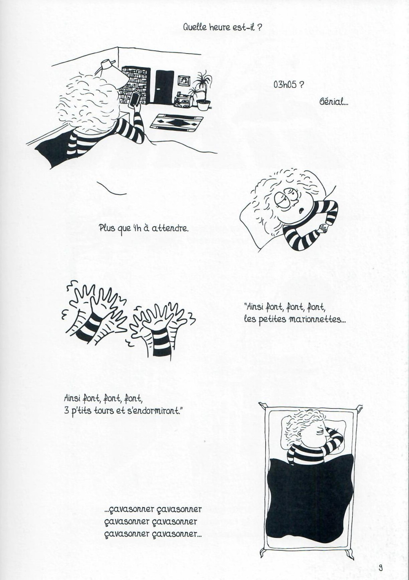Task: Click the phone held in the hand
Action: [x=134, y=100]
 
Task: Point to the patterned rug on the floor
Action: [x=177, y=122]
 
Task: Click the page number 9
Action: [x=380, y=567]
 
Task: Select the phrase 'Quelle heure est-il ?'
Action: [x=222, y=27]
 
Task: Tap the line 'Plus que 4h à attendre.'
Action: [x=144, y=228]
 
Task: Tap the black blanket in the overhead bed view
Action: [x=309, y=503]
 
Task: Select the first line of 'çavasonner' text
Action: [x=153, y=510]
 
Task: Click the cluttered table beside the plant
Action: [x=183, y=100]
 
